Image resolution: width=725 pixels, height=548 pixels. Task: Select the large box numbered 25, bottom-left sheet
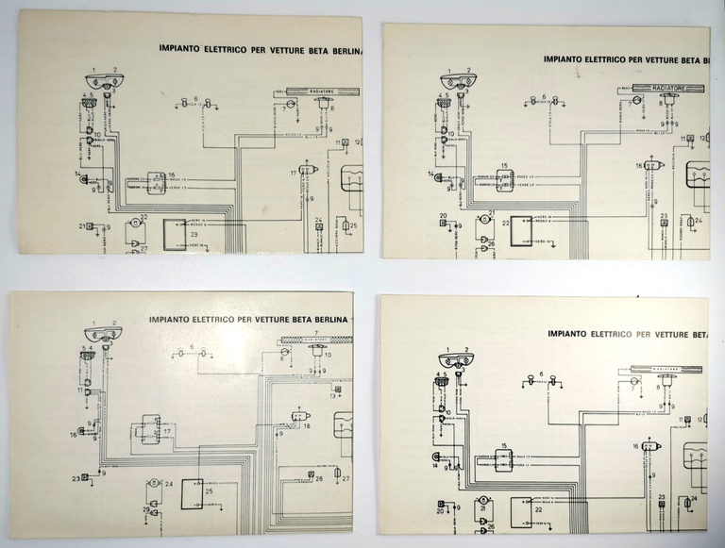[199, 491]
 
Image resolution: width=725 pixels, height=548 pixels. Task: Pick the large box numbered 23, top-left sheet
[176, 233]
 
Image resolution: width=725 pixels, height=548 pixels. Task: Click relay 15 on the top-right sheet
[505, 180]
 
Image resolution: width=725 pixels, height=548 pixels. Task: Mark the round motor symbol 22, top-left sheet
[135, 224]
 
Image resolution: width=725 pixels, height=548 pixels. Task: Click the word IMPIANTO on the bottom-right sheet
[575, 333]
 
